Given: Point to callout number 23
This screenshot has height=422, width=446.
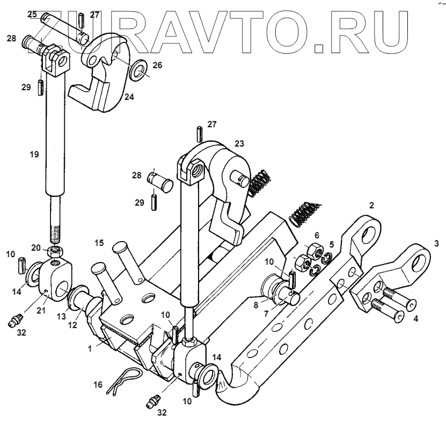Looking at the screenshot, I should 238,143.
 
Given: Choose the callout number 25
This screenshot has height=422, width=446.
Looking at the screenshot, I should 32,13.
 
